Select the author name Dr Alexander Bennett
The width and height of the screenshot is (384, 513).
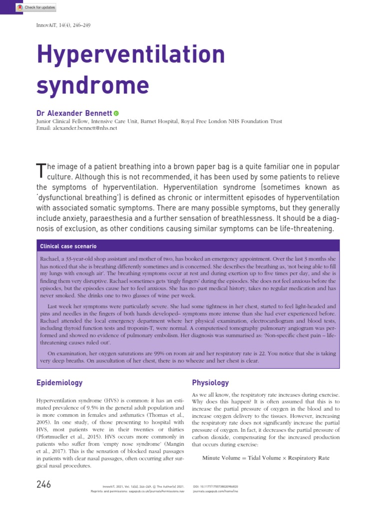coord(74,113)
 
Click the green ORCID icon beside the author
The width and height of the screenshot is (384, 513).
coord(116,114)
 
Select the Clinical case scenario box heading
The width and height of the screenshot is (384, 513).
coord(68,246)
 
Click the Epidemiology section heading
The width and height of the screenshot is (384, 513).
coord(59,383)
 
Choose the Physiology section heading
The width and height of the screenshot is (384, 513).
coord(210,383)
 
